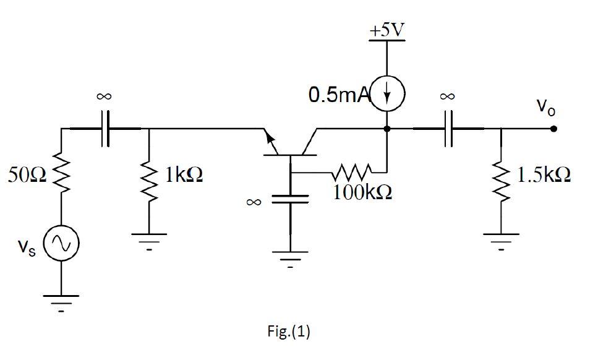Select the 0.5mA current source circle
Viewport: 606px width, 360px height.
(387, 95)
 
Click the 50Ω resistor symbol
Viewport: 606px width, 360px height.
(61, 175)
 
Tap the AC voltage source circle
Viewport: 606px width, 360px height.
(61, 246)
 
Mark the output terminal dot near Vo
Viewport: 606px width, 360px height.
(553, 129)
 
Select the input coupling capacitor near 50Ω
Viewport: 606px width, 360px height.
(106, 129)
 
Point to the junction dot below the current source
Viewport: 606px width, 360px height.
(387, 129)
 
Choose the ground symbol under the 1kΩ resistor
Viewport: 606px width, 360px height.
(148, 238)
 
